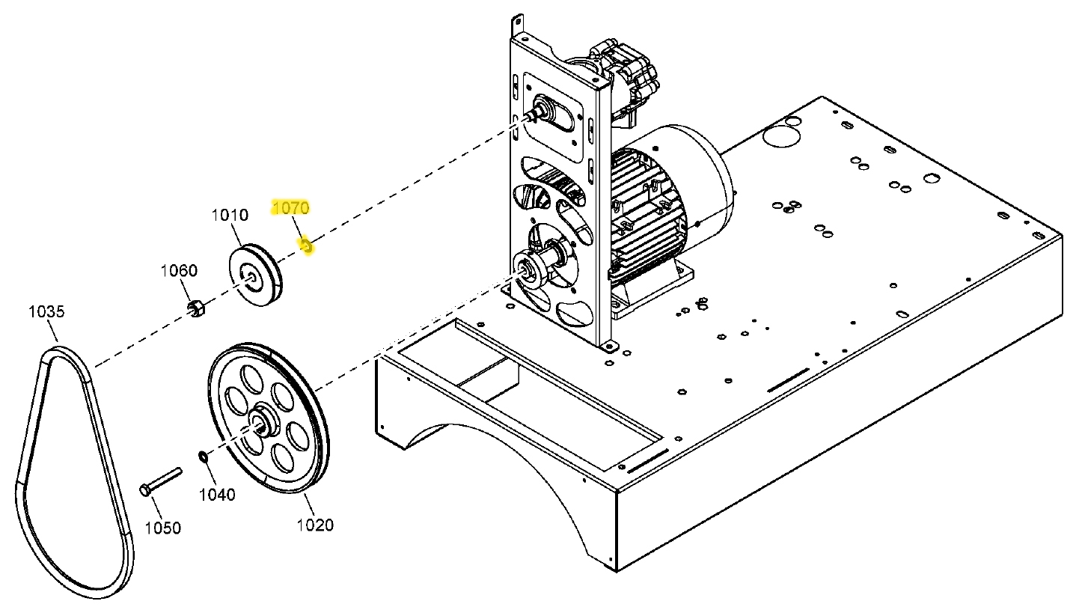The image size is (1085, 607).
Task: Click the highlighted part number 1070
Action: (x=290, y=207)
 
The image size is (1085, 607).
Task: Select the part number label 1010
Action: (x=230, y=216)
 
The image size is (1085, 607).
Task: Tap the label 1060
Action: (x=180, y=270)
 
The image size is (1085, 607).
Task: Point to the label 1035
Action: (x=46, y=311)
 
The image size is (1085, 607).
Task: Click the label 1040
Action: (x=217, y=495)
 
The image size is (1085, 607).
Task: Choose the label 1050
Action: (x=162, y=528)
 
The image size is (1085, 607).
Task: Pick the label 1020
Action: (x=315, y=525)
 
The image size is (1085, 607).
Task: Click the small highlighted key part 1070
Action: (x=305, y=244)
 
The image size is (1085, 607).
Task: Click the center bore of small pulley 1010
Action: (x=252, y=280)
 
